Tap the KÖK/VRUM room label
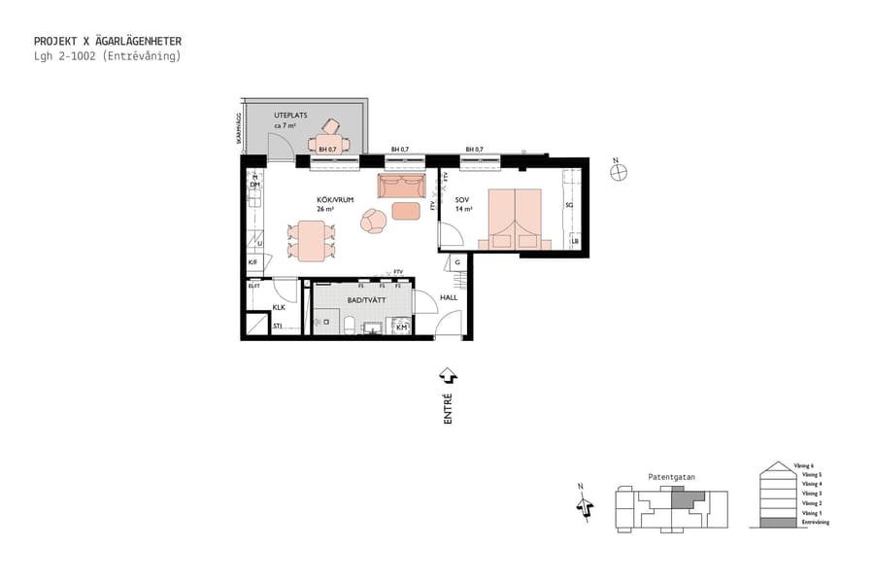point(334,200)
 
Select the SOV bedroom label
point(462,200)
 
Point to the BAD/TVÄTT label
point(366,302)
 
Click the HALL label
point(449,298)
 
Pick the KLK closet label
point(278,307)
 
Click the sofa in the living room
point(401,186)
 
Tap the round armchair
point(374,223)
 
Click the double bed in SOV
point(514,219)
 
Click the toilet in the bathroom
point(322,322)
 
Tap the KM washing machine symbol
point(402,327)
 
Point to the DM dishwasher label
point(254,185)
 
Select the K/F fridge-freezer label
point(252,262)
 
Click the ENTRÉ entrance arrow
point(448,375)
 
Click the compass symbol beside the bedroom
point(619,173)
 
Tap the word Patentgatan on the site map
point(671,477)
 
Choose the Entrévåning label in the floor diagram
point(815,523)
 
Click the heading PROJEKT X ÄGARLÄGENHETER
point(107,42)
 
